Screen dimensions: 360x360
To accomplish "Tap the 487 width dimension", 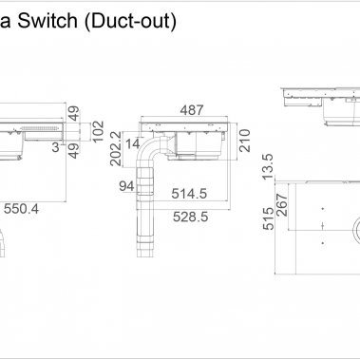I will point(193,110).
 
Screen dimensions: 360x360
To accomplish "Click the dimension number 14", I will point(132,142).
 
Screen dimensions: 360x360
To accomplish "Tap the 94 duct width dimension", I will point(124,186).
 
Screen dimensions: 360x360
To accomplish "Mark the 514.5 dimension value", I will point(189,194).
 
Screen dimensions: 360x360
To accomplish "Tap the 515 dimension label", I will point(268,221).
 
